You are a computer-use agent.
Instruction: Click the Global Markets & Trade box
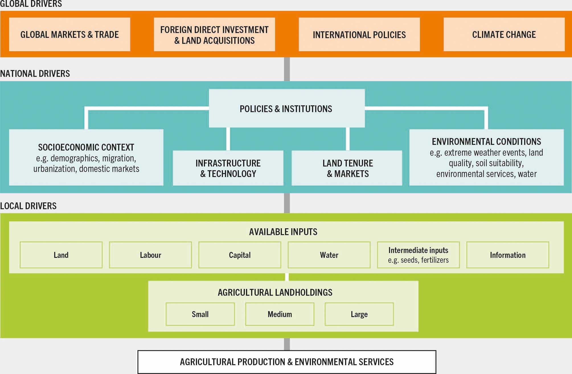pyautogui.click(x=69, y=34)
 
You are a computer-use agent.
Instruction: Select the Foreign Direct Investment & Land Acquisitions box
pyautogui.click(x=214, y=34)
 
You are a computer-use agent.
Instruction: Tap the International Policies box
pyautogui.click(x=359, y=34)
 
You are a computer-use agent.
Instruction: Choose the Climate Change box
pyautogui.click(x=504, y=34)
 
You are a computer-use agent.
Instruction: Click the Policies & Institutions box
pyautogui.click(x=286, y=108)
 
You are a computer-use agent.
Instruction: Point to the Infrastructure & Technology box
pyautogui.click(x=228, y=168)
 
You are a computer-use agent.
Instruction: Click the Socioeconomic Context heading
pyautogui.click(x=86, y=147)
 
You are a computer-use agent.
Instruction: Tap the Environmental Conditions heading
pyautogui.click(x=486, y=141)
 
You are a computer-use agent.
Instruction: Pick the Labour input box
pyautogui.click(x=150, y=255)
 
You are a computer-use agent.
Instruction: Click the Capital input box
pyautogui.click(x=240, y=255)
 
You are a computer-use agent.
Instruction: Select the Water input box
pyautogui.click(x=329, y=255)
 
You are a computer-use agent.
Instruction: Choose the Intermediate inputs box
pyautogui.click(x=418, y=255)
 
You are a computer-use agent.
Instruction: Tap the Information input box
pyautogui.click(x=508, y=255)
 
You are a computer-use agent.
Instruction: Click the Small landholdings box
pyautogui.click(x=200, y=314)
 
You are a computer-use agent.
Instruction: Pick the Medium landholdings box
pyautogui.click(x=280, y=314)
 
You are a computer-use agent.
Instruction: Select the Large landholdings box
pyautogui.click(x=359, y=314)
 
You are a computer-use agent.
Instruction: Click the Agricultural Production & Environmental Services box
pyautogui.click(x=287, y=362)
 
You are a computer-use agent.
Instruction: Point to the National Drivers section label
pyautogui.click(x=35, y=73)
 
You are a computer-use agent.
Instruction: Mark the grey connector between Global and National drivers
pyautogui.click(x=287, y=69)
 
